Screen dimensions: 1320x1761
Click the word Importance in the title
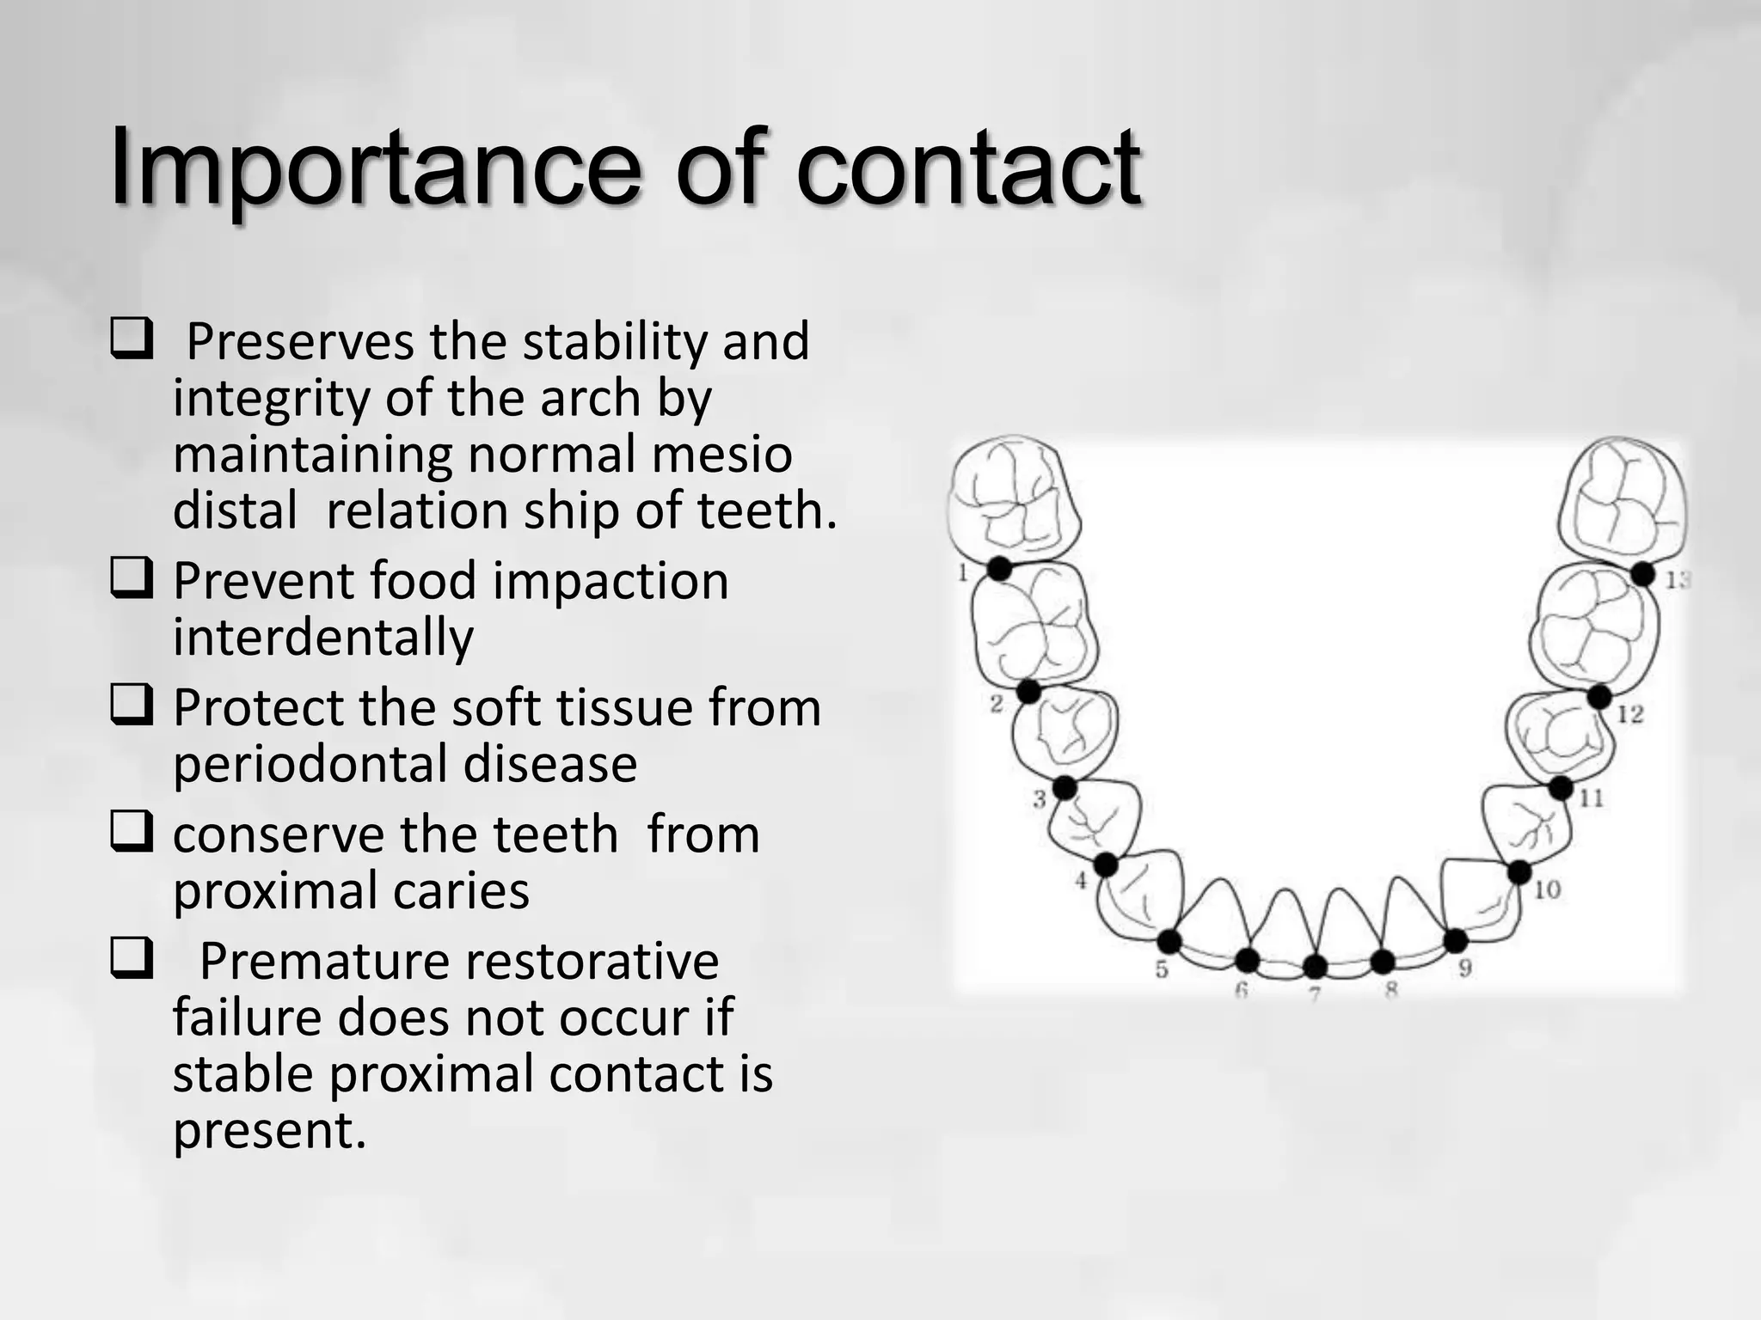coord(375,168)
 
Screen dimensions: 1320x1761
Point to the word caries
coord(461,890)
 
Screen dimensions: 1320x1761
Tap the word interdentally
coord(323,637)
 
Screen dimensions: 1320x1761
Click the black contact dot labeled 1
coord(999,568)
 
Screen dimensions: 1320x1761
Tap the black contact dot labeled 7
coord(1315,967)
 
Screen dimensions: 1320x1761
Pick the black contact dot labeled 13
coord(1642,574)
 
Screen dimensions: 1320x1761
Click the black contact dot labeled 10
coord(1519,872)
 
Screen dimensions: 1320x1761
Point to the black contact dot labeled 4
coord(1106,865)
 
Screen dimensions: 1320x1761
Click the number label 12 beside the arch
coord(1630,713)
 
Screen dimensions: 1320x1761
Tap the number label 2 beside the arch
coord(997,704)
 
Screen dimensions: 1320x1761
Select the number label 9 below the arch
coord(1465,969)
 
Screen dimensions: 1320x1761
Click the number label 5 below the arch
coord(1162,970)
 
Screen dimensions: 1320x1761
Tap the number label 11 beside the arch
coord(1592,798)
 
